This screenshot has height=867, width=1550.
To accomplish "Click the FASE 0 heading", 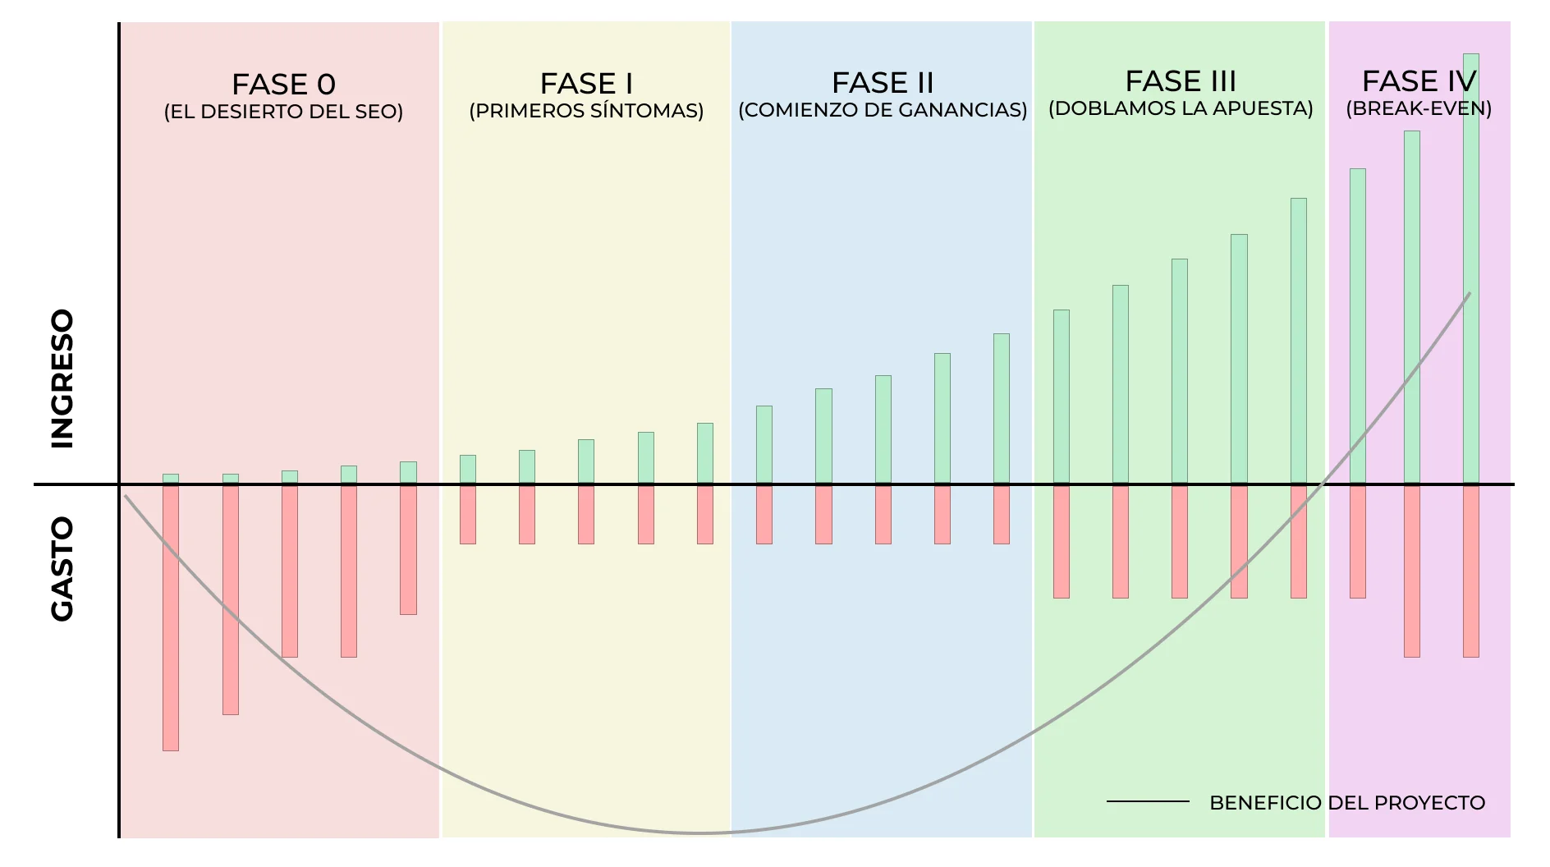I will pyautogui.click(x=283, y=84).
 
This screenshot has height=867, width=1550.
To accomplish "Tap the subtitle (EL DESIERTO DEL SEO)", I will pyautogui.click(x=283, y=112).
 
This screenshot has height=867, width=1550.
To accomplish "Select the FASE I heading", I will pyautogui.click(x=586, y=83).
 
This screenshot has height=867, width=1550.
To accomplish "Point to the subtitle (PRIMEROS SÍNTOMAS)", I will pyautogui.click(x=586, y=111).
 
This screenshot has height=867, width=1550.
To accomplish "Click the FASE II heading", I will pyautogui.click(x=883, y=82).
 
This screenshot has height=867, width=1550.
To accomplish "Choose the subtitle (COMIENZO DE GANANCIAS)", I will pyautogui.click(x=883, y=110).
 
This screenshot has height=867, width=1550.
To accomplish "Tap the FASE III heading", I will pyautogui.click(x=1181, y=80).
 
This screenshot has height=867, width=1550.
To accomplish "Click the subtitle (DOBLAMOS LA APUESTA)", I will pyautogui.click(x=1181, y=108).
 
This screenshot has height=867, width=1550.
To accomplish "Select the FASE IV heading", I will pyautogui.click(x=1419, y=80).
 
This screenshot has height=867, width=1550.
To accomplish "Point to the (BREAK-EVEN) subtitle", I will pyautogui.click(x=1419, y=108).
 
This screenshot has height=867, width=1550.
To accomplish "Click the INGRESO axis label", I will pyautogui.click(x=62, y=378).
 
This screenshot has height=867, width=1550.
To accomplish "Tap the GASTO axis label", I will pyautogui.click(x=62, y=568).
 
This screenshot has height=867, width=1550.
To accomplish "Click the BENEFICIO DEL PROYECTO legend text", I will pyautogui.click(x=1347, y=802).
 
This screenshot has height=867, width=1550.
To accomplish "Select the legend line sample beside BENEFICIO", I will pyautogui.click(x=1148, y=801).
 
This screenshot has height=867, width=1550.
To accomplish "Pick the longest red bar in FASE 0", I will pyautogui.click(x=171, y=617).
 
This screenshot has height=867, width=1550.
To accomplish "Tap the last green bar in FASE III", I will pyautogui.click(x=1298, y=341).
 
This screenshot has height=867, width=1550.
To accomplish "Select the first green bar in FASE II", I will pyautogui.click(x=764, y=444).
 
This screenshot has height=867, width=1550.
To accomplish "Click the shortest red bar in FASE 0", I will pyautogui.click(x=408, y=549).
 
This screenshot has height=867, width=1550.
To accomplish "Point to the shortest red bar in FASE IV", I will pyautogui.click(x=1358, y=541).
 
